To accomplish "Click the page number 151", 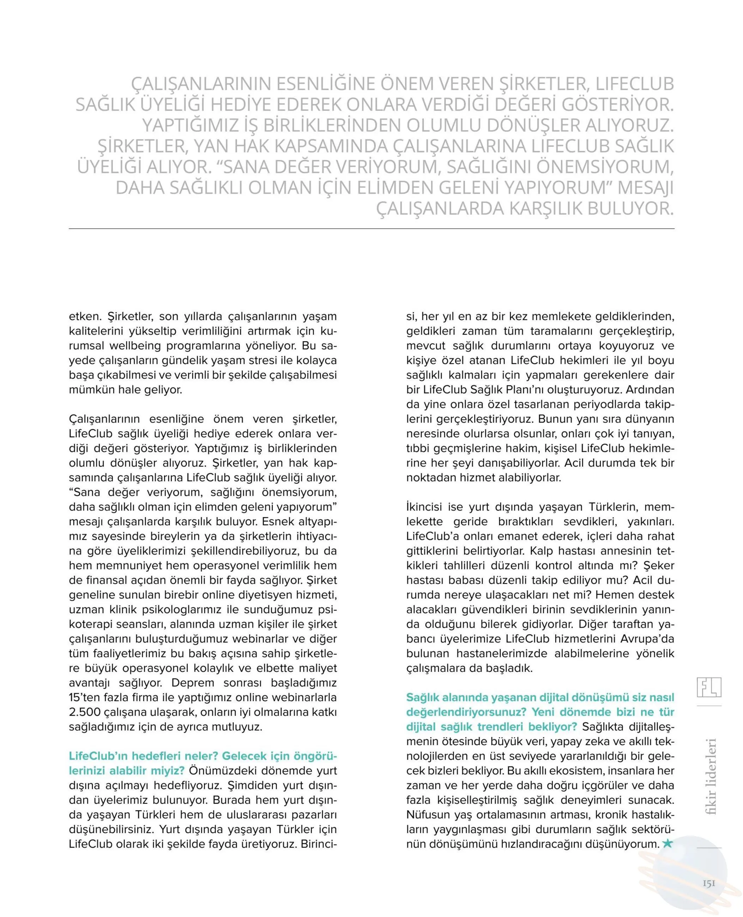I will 709,883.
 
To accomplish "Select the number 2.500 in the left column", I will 85,712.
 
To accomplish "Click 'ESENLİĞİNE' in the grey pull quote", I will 325,84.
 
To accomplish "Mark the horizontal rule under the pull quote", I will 371,229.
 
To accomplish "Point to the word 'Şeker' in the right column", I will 659,565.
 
